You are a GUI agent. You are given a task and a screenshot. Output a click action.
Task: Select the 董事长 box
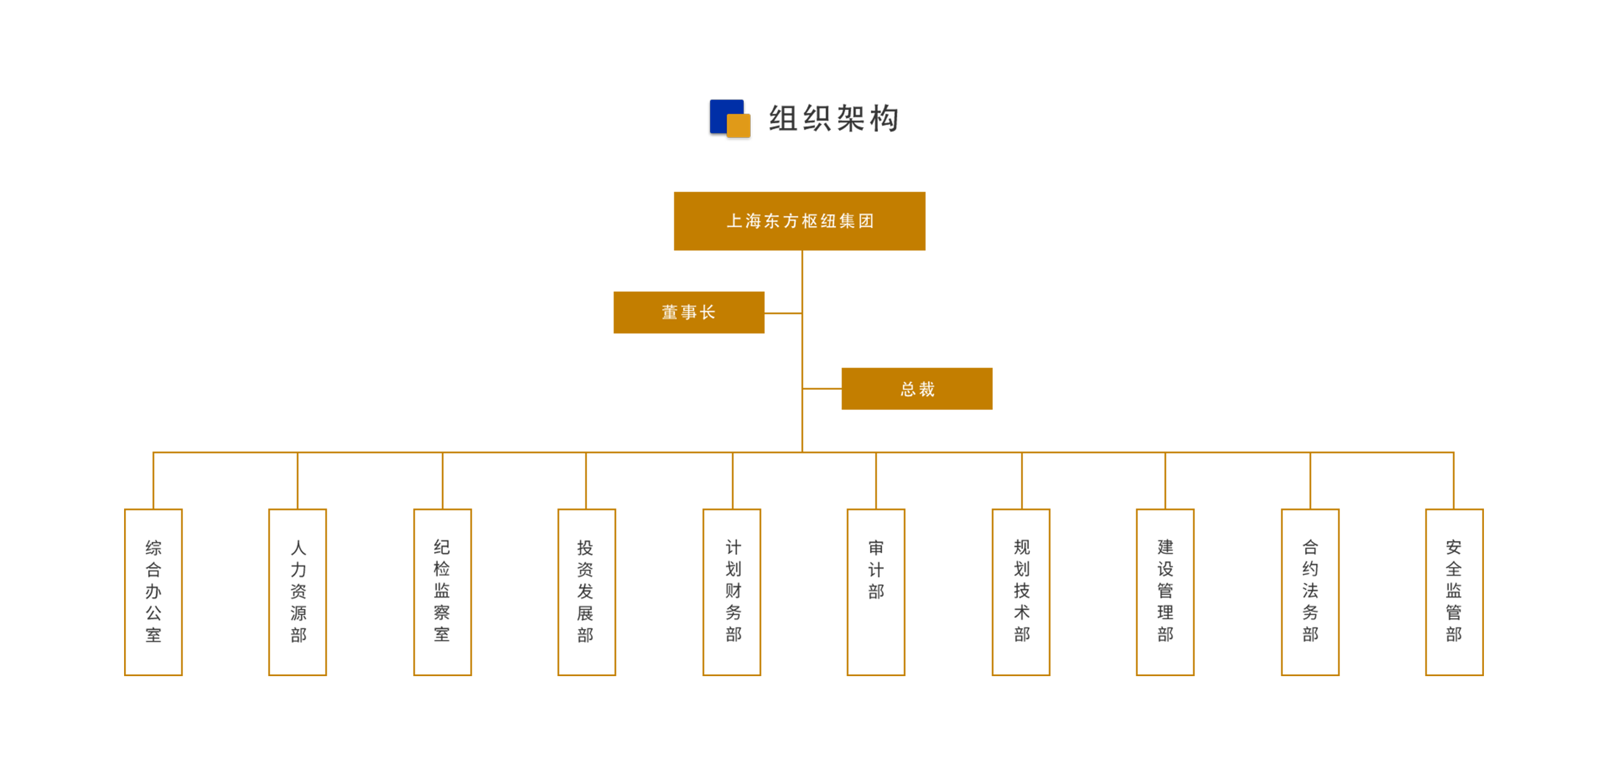pyautogui.click(x=689, y=312)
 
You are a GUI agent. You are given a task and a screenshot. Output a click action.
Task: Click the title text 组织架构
pyautogui.click(x=833, y=118)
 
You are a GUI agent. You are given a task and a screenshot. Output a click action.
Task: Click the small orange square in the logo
pyautogui.click(x=739, y=125)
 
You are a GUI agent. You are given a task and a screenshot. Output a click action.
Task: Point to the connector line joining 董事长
pyautogui.click(x=783, y=313)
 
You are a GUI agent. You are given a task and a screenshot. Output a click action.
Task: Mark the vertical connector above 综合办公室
pyautogui.click(x=153, y=480)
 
